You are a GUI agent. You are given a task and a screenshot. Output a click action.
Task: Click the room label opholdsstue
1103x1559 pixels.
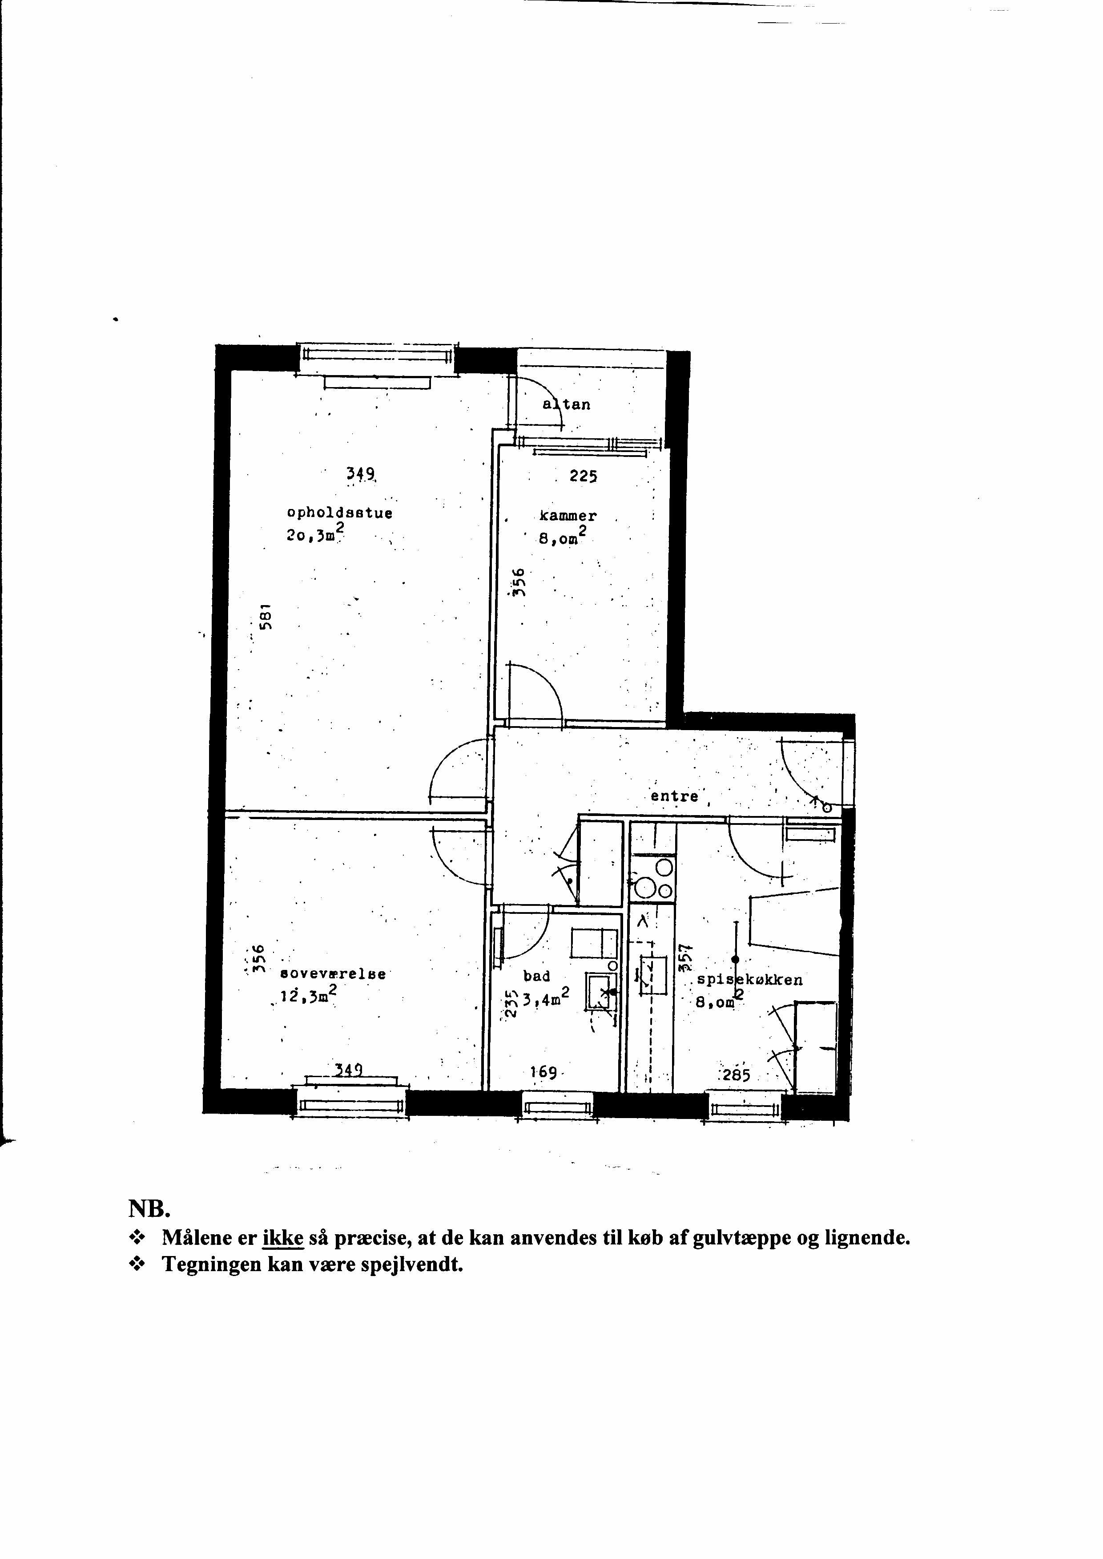coord(340,513)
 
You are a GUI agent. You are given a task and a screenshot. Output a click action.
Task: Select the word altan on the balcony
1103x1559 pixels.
coord(567,405)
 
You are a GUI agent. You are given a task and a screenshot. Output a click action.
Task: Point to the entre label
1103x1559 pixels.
coord(674,796)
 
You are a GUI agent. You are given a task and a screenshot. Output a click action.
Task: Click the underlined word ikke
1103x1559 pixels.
coord(282,1238)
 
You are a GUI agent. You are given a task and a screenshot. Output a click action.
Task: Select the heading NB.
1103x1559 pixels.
coord(150,1210)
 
